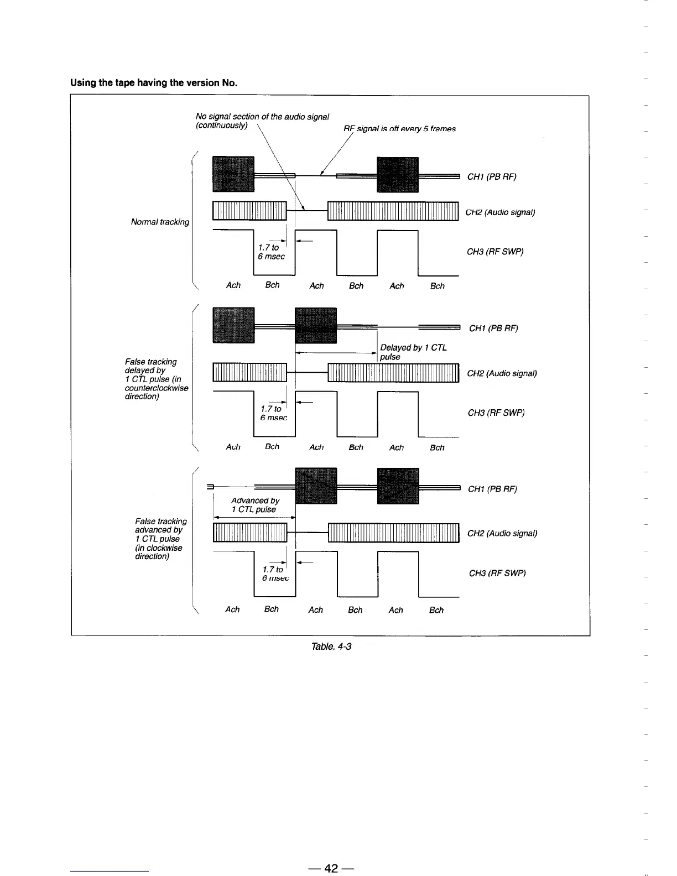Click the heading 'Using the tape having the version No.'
154,83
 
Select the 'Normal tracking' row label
160,222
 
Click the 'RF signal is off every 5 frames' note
399,129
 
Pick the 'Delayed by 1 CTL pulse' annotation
413,352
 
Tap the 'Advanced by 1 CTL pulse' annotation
255,505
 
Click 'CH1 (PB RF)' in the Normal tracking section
492,177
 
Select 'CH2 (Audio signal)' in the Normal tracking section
500,212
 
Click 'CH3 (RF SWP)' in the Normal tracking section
495,252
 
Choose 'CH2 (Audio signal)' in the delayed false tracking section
502,373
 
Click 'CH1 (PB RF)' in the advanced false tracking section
492,489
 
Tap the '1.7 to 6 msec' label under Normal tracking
271,252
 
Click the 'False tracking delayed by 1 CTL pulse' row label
156,379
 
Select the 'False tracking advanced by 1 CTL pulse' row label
160,539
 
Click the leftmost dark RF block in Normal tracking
233,174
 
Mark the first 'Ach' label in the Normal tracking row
233,285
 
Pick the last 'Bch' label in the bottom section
436,610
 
